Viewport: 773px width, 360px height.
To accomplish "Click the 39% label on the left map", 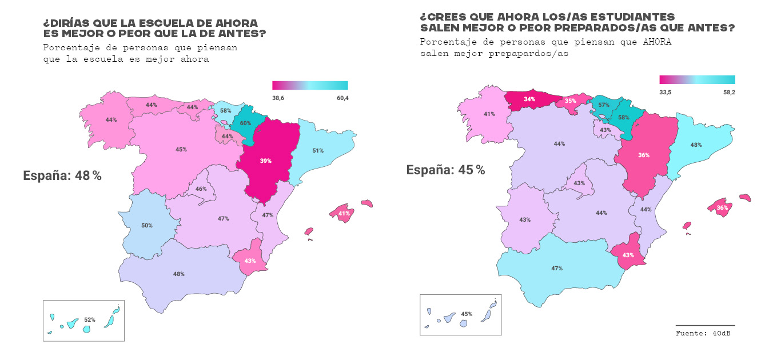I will pos(265,161).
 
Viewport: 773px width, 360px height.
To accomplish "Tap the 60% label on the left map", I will pos(245,123).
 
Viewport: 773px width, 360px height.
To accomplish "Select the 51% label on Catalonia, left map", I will pos(318,151).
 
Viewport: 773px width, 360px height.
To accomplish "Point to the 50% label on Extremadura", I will pos(147,226).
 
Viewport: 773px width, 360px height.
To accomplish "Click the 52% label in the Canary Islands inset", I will pos(89,319).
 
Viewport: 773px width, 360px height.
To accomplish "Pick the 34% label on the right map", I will pos(530,99).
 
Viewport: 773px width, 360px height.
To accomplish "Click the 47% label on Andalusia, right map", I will pos(557,268).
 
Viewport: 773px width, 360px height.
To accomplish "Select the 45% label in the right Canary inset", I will pos(467,314).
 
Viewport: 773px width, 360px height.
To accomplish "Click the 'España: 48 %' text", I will pos(62,176).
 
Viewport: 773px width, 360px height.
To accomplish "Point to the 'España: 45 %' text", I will pos(445,170).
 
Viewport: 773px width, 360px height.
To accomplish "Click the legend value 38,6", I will pos(278,98).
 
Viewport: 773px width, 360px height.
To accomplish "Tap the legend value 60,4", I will pos(341,98).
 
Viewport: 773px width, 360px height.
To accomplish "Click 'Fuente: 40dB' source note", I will pos(703,333).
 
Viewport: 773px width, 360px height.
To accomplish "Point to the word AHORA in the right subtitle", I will pos(656,42).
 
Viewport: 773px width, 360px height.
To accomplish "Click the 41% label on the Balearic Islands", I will pos(344,214).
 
